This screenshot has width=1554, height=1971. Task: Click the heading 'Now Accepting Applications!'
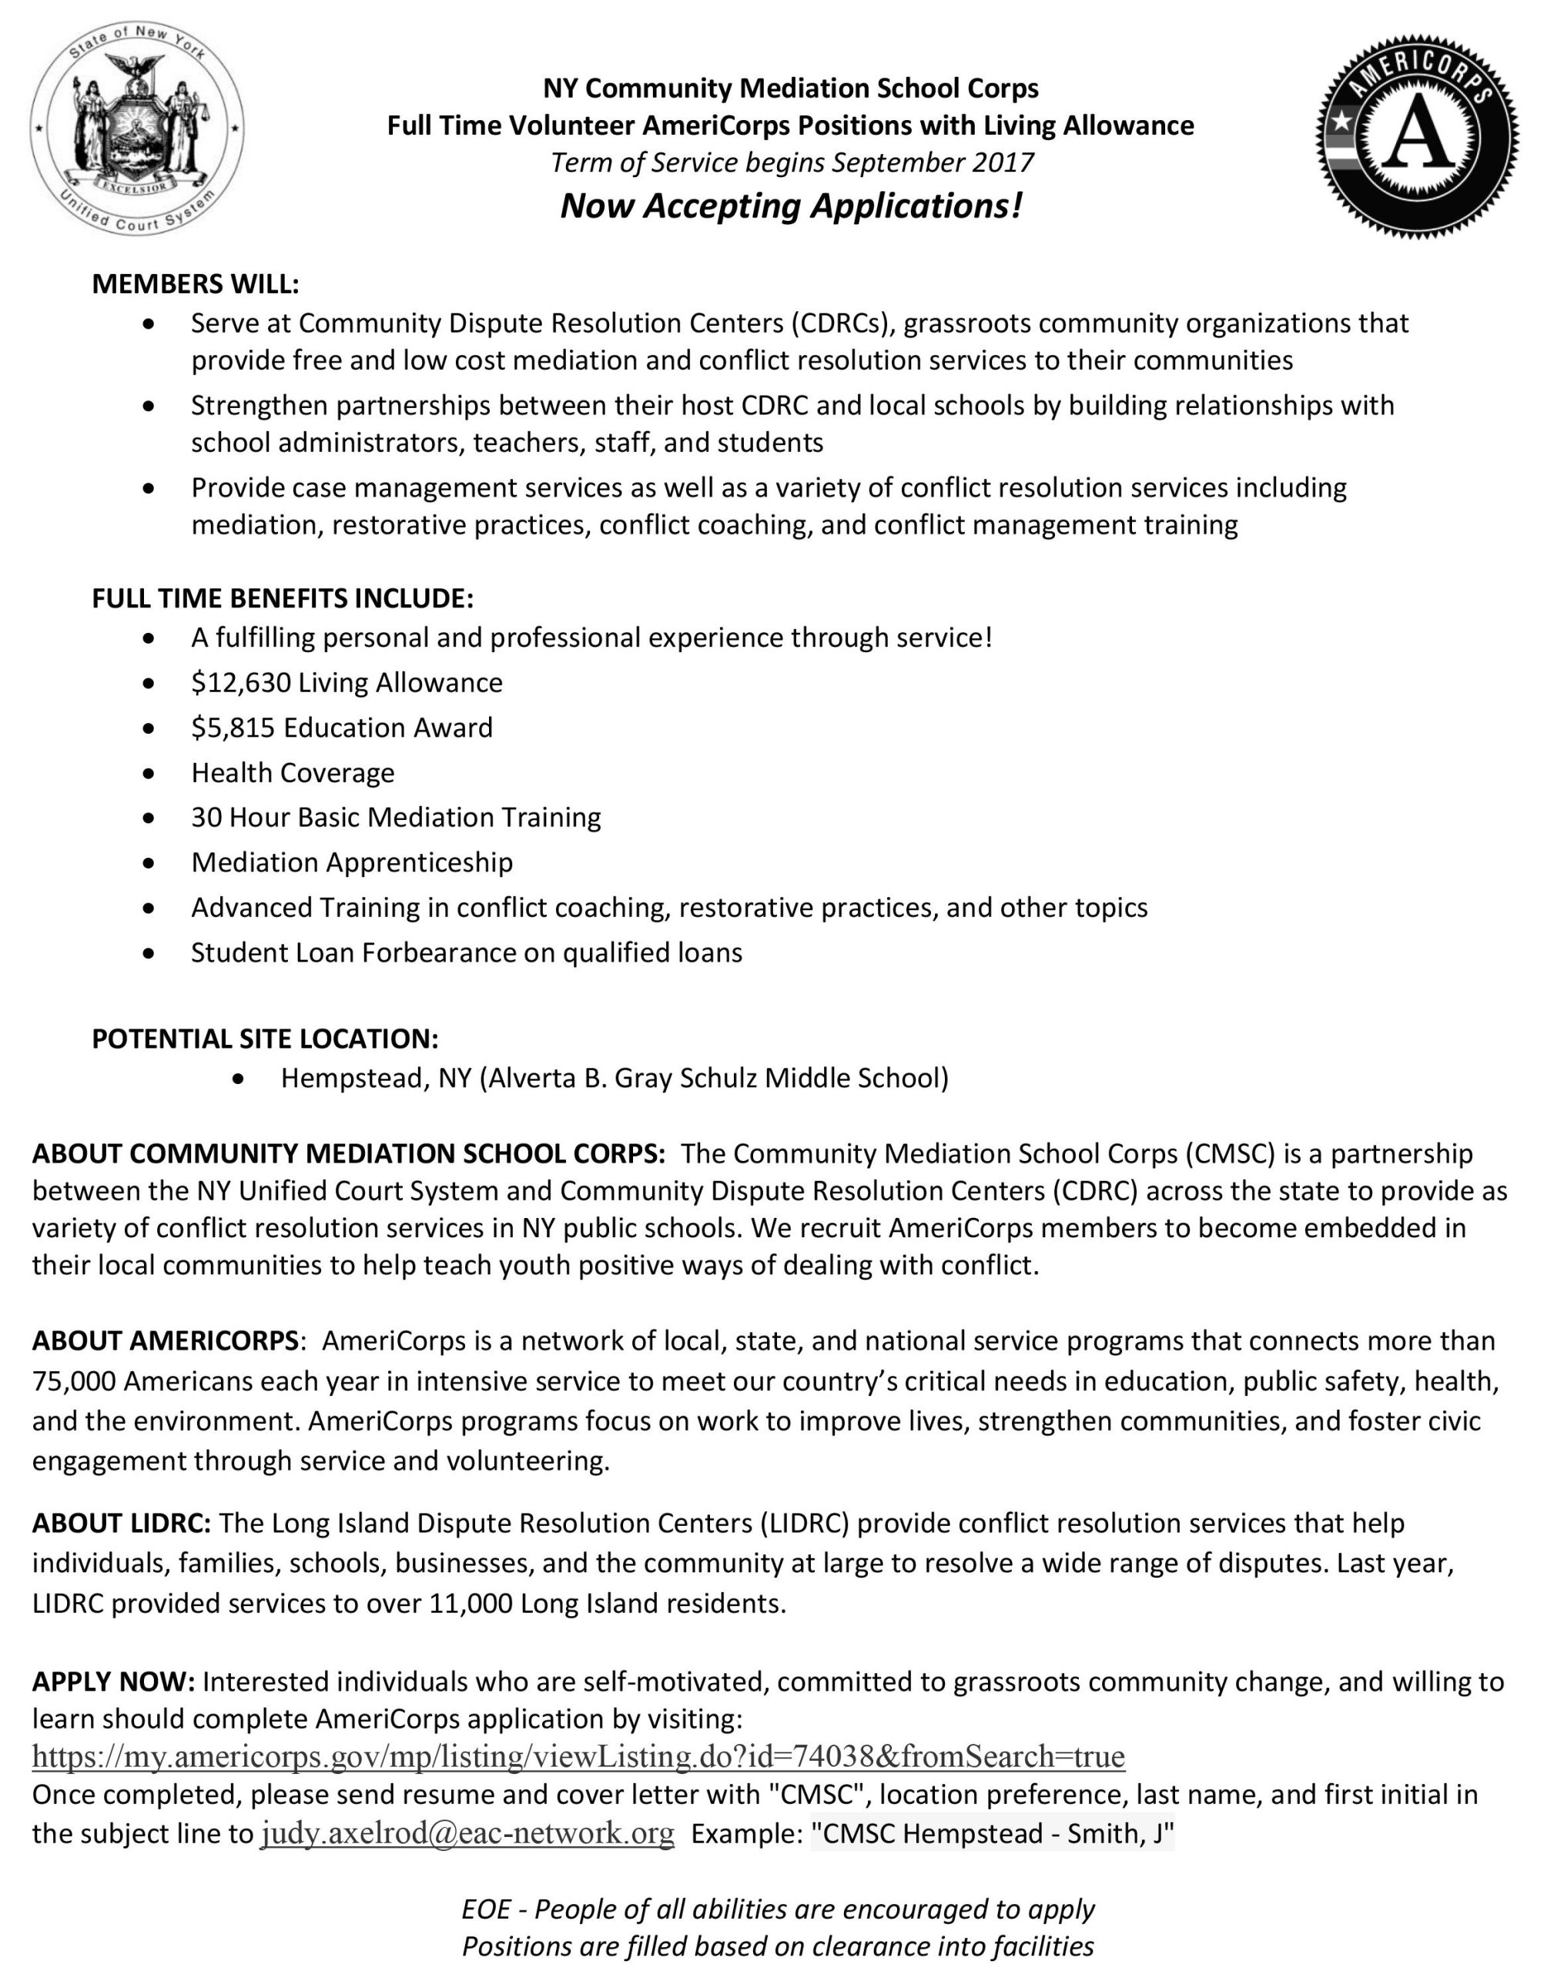click(x=791, y=206)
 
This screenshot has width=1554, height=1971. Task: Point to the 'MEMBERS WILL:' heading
click(x=196, y=284)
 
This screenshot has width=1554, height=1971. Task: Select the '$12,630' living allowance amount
click(x=240, y=682)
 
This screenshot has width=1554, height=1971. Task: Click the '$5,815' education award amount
click(x=233, y=728)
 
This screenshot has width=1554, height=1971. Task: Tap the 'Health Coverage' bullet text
click(x=292, y=772)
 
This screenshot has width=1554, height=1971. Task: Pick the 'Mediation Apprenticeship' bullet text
click(x=351, y=862)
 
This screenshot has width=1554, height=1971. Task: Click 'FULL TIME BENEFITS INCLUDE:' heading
click(x=282, y=598)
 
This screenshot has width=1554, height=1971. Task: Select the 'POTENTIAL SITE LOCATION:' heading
click(x=265, y=1039)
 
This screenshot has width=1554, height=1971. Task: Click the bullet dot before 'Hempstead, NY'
click(x=239, y=1079)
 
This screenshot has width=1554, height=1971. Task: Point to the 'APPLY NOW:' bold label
click(x=114, y=1682)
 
